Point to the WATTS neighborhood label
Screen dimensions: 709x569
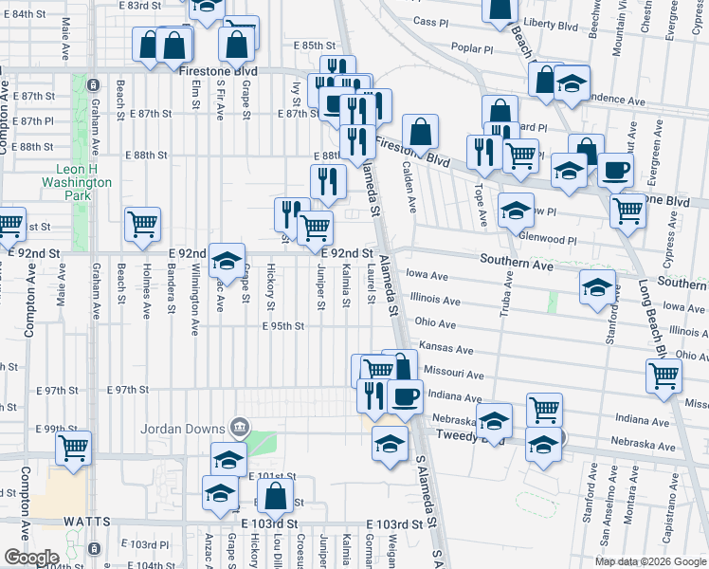[87, 522]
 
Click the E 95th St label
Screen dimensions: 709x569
[282, 326]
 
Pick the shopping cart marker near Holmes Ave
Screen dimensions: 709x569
[143, 225]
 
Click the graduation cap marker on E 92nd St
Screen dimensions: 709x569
[227, 260]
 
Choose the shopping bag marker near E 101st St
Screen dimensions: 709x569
[274, 495]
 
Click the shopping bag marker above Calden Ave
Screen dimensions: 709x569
[420, 131]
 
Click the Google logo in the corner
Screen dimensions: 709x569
[30, 558]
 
